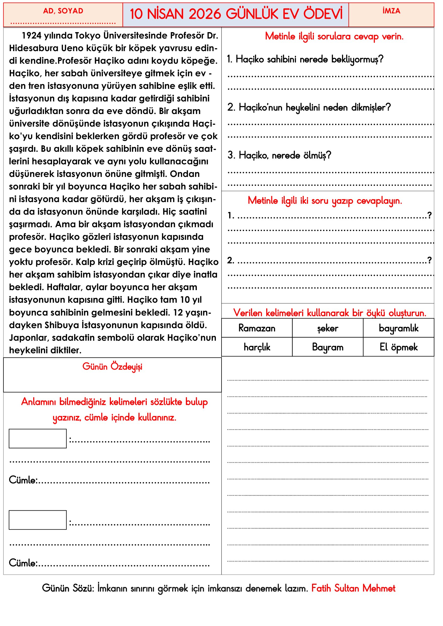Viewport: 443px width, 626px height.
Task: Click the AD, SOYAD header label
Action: click(63, 11)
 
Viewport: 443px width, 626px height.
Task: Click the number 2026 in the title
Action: click(205, 14)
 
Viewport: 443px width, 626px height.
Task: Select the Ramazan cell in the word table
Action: click(257, 328)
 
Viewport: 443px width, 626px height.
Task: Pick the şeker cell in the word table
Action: click(328, 328)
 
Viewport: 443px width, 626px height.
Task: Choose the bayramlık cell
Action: click(399, 328)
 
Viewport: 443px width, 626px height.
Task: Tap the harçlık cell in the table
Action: click(257, 347)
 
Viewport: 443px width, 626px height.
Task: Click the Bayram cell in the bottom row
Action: click(328, 347)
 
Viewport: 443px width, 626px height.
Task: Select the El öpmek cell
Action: click(399, 347)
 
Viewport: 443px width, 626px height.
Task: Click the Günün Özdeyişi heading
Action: click(112, 366)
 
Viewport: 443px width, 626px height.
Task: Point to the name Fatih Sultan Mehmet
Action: click(353, 588)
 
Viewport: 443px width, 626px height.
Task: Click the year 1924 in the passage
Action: click(31, 35)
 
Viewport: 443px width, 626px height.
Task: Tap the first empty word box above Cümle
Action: click(38, 438)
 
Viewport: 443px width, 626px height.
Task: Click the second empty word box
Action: click(38, 520)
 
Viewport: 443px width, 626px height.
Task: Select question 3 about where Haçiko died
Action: click(279, 155)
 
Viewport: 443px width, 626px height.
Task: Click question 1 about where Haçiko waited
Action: click(305, 59)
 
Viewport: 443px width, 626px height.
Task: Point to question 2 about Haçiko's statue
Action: click(309, 107)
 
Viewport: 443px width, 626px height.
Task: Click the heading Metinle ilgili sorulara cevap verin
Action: click(334, 36)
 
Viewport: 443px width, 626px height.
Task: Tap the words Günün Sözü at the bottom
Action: click(68, 588)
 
